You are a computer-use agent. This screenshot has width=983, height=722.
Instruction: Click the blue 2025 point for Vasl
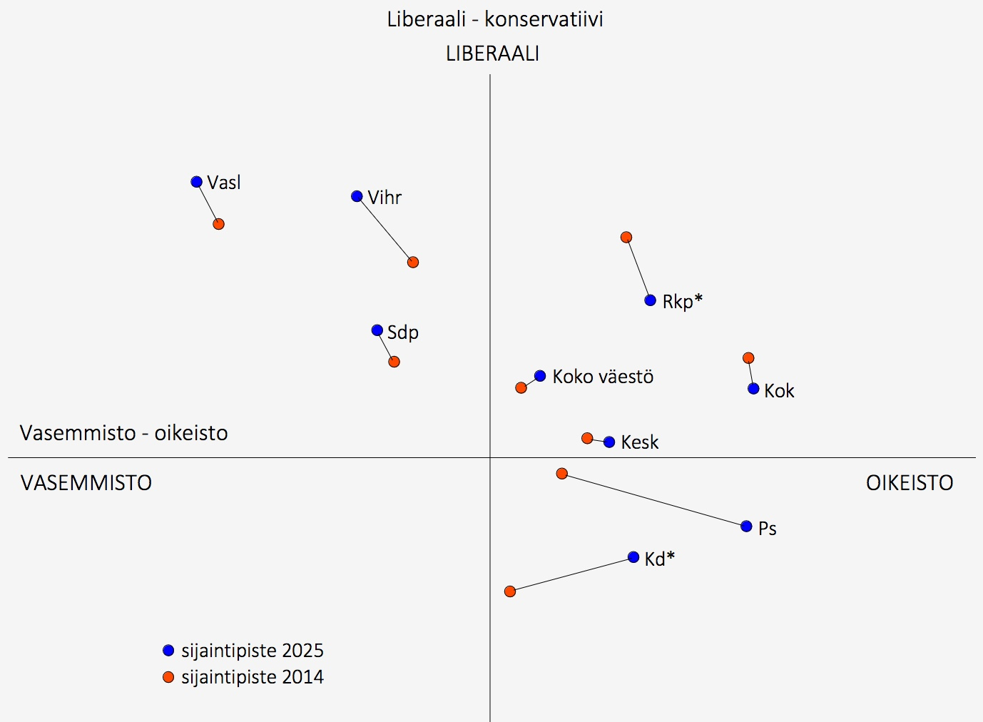tap(197, 182)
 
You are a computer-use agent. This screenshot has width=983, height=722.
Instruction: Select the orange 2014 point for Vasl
tap(219, 224)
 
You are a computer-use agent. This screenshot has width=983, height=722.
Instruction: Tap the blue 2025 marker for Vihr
tap(357, 196)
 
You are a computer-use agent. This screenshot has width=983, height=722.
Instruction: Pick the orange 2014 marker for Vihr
tap(413, 263)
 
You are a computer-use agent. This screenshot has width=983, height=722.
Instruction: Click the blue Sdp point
tap(377, 330)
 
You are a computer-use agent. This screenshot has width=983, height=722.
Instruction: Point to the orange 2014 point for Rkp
tap(626, 238)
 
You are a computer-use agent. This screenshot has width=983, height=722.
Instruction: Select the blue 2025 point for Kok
tap(753, 389)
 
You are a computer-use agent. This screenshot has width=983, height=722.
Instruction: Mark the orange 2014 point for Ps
tap(562, 474)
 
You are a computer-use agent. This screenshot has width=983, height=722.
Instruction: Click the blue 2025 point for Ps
tap(746, 527)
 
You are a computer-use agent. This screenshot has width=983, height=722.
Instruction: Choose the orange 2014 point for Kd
tap(510, 591)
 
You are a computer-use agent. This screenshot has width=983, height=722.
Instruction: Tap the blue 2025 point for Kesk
tap(609, 442)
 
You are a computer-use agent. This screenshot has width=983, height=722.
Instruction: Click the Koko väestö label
tap(603, 377)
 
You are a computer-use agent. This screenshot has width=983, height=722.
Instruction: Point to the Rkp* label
tap(682, 301)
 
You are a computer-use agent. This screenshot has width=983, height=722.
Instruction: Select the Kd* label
tap(659, 559)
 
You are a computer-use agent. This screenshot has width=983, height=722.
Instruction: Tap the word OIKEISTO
tap(910, 483)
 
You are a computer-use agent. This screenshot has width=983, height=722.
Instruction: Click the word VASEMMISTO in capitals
tap(86, 483)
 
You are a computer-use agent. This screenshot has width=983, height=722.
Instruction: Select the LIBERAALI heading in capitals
tap(492, 54)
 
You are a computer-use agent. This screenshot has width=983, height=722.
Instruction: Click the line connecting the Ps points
tap(654, 500)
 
